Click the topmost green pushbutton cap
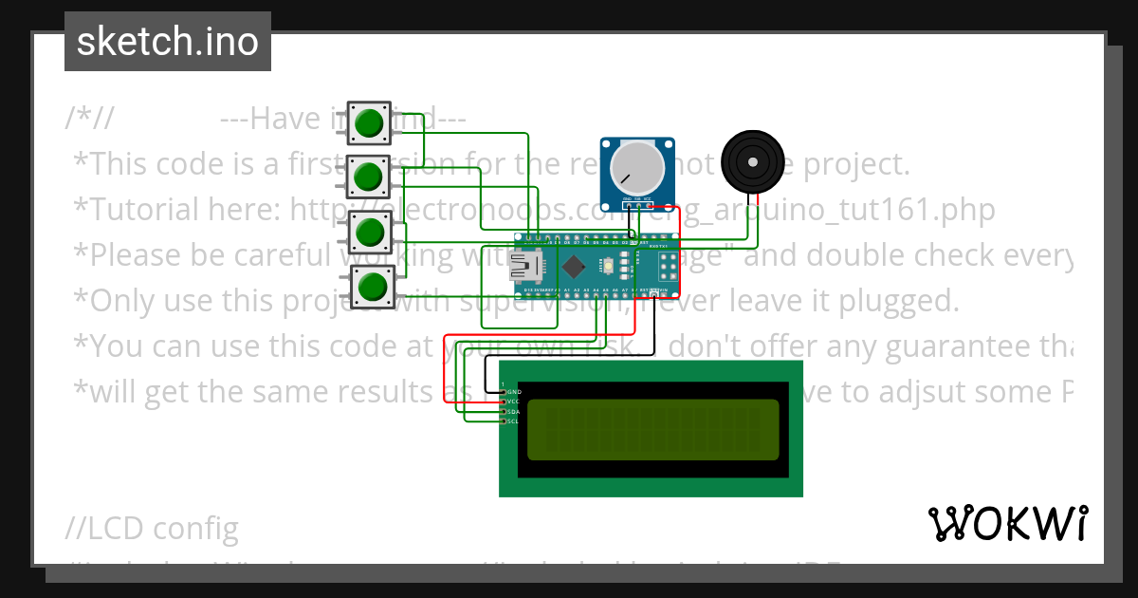(x=369, y=122)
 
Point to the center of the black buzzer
(x=754, y=162)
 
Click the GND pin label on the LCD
(x=514, y=391)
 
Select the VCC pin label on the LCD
(x=514, y=402)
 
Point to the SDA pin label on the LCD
(x=514, y=411)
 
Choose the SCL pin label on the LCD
(x=514, y=420)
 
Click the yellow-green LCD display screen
(x=652, y=429)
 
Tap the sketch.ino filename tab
(x=167, y=42)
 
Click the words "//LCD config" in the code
(x=153, y=529)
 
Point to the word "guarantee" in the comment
(x=911, y=346)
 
